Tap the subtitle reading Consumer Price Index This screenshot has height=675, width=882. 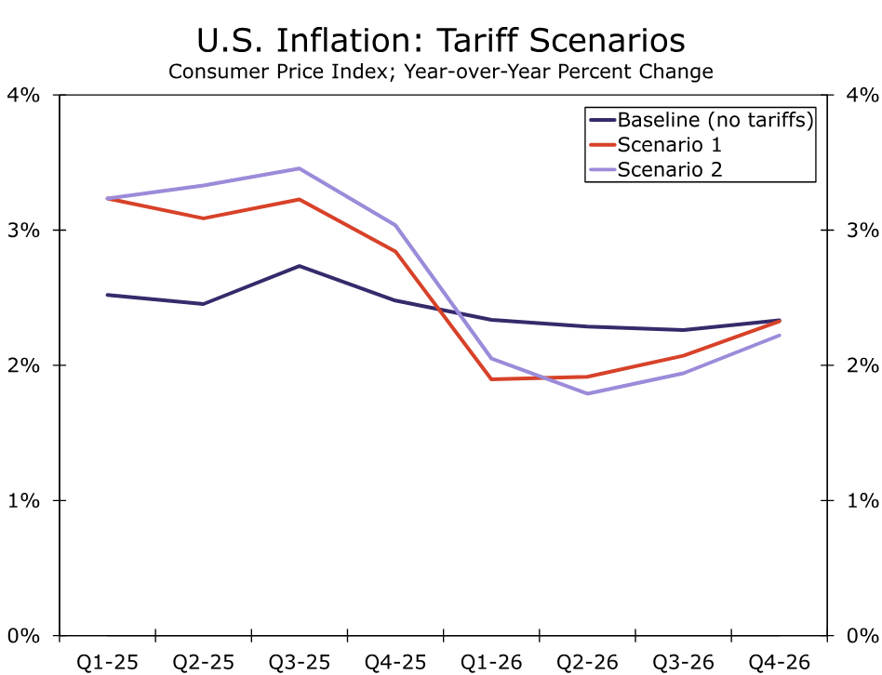point(440,72)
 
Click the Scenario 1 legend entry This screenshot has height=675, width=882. point(670,144)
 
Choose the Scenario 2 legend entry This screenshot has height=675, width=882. point(670,169)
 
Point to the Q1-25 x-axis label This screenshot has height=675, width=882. point(107,662)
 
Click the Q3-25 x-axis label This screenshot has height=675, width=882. point(299,662)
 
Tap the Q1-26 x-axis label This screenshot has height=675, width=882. point(490,662)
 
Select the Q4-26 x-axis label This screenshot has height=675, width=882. point(779,662)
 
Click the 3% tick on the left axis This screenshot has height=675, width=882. point(26,231)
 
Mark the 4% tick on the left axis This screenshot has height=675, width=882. point(26,95)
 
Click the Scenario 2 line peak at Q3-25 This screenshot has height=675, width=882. point(299,168)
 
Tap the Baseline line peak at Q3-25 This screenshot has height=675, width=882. point(299,266)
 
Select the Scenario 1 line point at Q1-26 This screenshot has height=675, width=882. point(490,379)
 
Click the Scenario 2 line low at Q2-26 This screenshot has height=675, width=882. point(587,393)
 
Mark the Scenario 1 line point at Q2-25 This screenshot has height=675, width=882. point(203,218)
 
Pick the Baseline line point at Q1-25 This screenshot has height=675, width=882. point(107,295)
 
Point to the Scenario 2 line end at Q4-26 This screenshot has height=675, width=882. point(779,336)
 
